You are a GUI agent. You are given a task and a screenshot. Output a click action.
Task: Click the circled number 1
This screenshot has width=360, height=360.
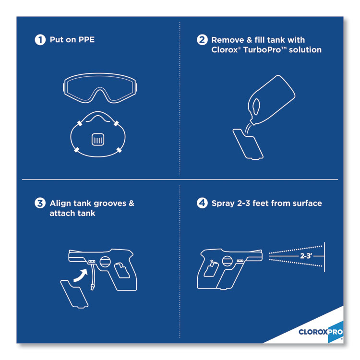(40, 40)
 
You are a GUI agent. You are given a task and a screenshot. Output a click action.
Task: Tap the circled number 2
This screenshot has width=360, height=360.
(202, 40)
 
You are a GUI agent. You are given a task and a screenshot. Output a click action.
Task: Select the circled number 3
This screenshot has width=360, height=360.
(40, 203)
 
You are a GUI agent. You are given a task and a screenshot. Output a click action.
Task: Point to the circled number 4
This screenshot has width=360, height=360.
(202, 203)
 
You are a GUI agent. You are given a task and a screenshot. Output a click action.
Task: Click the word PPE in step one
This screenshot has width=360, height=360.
(86, 40)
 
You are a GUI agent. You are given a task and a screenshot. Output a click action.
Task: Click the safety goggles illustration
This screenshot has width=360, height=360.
(100, 88)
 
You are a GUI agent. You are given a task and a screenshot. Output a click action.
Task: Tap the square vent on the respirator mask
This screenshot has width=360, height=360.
(98, 139)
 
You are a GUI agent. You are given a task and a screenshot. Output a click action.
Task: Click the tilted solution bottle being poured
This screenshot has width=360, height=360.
(271, 100)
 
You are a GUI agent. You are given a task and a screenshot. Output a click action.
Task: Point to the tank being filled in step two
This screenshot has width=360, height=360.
(248, 144)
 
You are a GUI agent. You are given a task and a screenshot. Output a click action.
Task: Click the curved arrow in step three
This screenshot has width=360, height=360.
(81, 276)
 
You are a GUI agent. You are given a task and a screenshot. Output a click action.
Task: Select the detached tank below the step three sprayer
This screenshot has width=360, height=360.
(74, 294)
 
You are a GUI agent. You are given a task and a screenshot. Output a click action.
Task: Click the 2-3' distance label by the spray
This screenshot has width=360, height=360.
(306, 256)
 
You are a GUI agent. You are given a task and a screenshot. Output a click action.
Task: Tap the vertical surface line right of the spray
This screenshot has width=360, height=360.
(324, 257)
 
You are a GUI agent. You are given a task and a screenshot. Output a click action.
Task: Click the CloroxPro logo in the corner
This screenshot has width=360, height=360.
(321, 332)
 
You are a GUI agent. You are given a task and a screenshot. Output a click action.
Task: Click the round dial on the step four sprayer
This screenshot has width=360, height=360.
(227, 261)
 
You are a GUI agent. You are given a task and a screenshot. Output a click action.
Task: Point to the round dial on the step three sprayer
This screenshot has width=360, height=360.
(105, 262)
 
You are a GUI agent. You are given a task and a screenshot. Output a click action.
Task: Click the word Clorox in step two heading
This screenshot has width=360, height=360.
(225, 49)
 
